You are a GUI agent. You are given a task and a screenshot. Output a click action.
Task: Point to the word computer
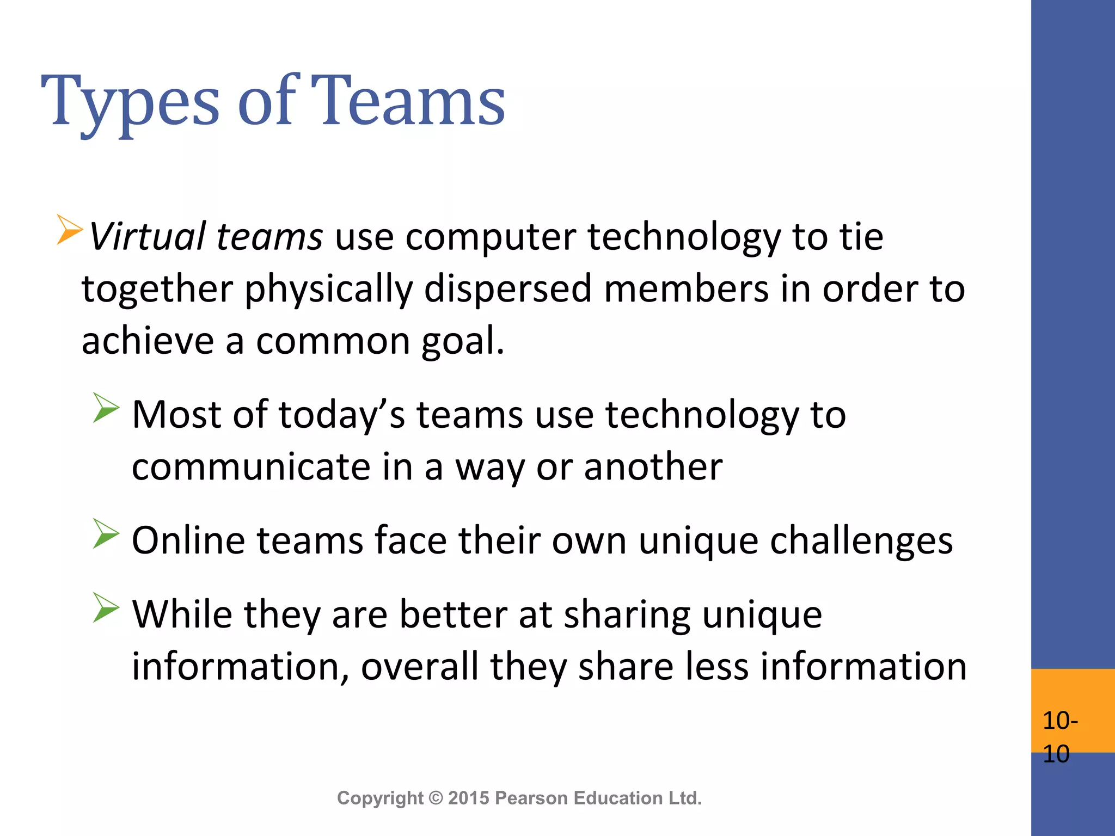pyautogui.click(x=491, y=237)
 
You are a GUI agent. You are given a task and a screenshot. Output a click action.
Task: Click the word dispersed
pyautogui.click(x=507, y=288)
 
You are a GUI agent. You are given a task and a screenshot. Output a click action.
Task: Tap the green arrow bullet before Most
pyautogui.click(x=106, y=408)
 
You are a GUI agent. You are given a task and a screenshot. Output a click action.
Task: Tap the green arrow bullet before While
pyautogui.click(x=106, y=607)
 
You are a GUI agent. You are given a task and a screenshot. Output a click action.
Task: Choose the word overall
pyautogui.click(x=419, y=666)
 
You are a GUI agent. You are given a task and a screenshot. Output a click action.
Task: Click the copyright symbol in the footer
pyautogui.click(x=436, y=798)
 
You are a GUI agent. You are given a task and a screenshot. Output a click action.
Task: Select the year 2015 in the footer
pyautogui.click(x=468, y=798)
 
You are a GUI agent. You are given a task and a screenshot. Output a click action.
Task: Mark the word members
pyautogui.click(x=686, y=288)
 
